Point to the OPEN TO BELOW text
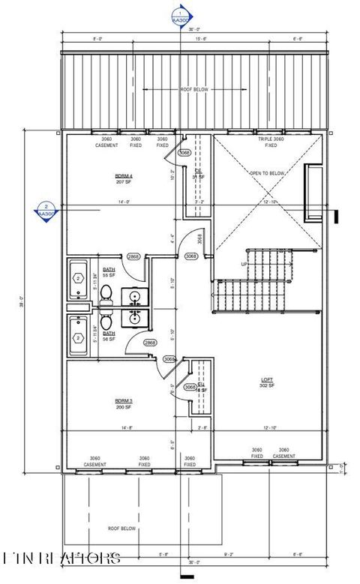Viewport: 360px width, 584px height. [268, 173]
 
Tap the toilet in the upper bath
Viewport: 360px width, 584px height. [106, 291]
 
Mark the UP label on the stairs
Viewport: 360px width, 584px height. [244, 264]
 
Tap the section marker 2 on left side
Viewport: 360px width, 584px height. [46, 211]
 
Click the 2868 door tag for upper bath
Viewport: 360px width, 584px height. [133, 257]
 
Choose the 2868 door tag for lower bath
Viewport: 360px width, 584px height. [149, 343]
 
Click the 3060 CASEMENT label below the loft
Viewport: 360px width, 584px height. [283, 453]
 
